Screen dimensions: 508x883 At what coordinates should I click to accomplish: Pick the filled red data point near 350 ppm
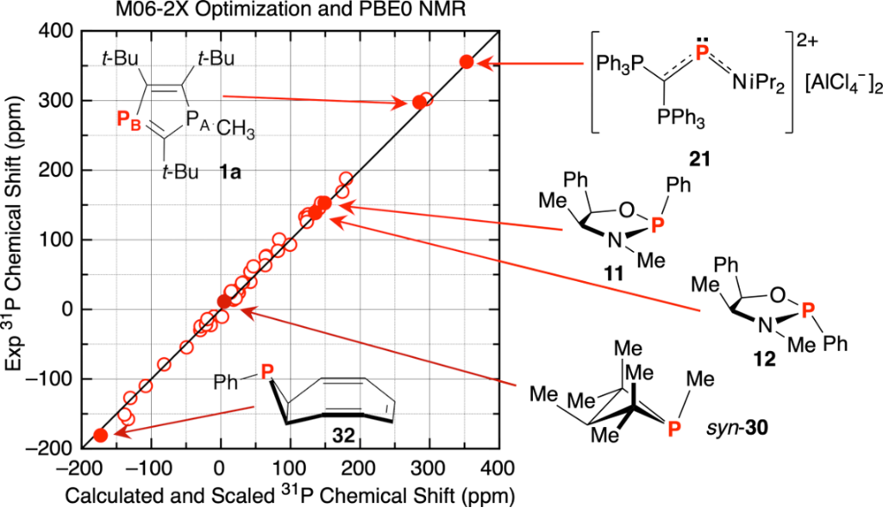coord(467,62)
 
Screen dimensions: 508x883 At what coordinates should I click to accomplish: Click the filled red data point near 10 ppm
coord(224,301)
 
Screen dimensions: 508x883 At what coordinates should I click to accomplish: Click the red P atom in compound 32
coord(268,372)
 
